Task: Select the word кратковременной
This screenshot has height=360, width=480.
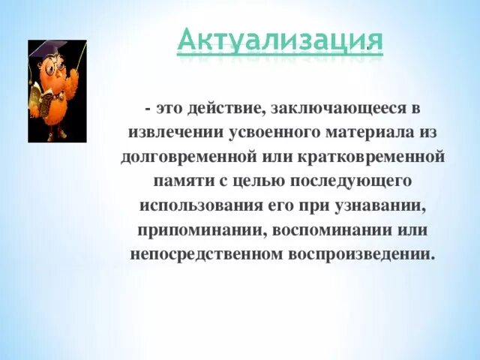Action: point(370,157)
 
